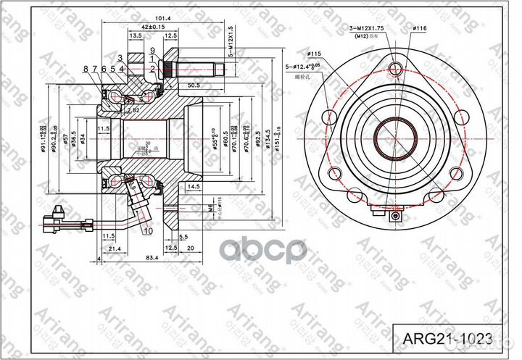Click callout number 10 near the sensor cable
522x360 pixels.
(x=148, y=232)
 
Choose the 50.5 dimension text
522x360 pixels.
(x=193, y=85)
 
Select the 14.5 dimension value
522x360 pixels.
(x=193, y=185)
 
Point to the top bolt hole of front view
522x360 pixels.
(x=394, y=69)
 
